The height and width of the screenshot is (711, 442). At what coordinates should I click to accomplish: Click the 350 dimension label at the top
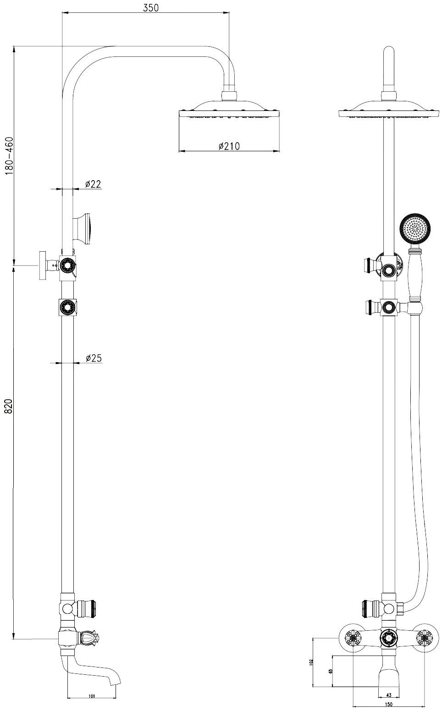pos(150,8)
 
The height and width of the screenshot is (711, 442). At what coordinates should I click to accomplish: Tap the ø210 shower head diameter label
pos(229,146)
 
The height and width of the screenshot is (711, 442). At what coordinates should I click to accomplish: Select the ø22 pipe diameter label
pos(93,184)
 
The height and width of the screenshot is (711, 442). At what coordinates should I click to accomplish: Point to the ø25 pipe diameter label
pos(94,358)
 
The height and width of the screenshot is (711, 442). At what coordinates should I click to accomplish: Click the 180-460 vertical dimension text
pos(10,156)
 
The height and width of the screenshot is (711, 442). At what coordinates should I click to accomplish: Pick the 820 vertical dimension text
pos(10,406)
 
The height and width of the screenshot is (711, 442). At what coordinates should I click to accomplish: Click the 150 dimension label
pos(389,707)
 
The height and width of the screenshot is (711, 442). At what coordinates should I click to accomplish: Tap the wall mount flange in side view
pos(43,265)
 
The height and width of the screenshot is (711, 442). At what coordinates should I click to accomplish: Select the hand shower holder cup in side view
pos(83,229)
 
